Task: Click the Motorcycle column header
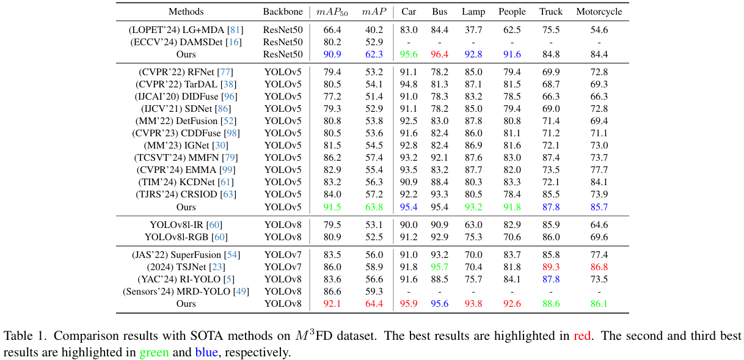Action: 599,12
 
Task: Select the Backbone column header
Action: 283,12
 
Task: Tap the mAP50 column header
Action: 332,12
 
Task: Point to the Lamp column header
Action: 473,12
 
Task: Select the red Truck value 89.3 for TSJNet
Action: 551,267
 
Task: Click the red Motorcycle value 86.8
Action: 599,267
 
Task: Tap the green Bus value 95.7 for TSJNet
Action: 440,267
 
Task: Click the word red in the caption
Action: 581,336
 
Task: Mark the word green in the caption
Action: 154,353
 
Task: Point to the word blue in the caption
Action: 206,353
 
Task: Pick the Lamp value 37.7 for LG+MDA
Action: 473,30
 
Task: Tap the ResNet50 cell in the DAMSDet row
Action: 283,42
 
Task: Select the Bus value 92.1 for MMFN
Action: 440,158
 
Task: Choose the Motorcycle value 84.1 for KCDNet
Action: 599,182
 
